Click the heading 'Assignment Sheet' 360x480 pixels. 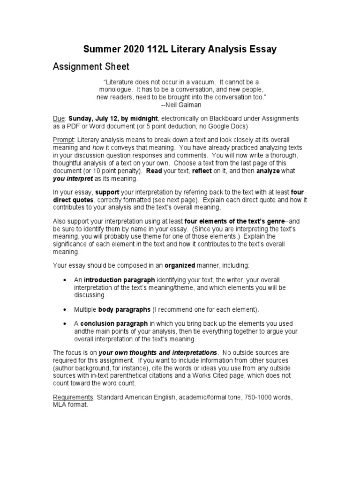[90, 67]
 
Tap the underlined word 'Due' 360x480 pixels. [58, 119]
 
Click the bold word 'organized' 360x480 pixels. [180, 265]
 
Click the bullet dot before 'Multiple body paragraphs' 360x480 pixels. [64, 310]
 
